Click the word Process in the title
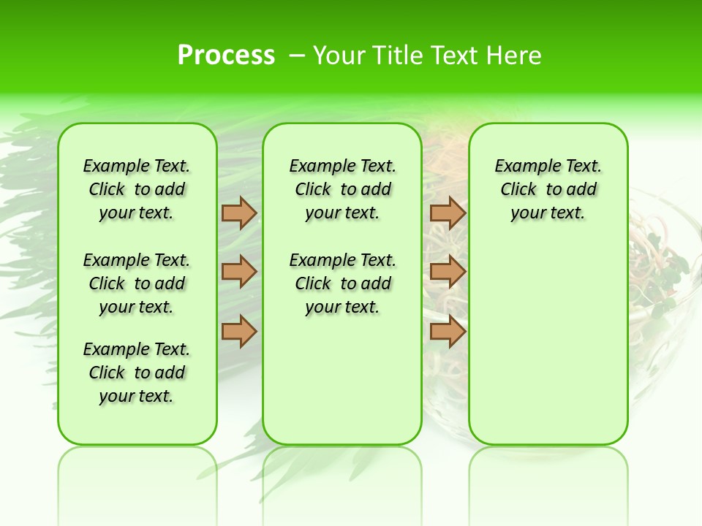tap(226, 56)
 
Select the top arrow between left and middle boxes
tap(239, 213)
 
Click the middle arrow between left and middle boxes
tap(239, 272)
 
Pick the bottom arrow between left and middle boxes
tap(239, 331)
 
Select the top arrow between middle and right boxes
tap(448, 213)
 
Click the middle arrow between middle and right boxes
tap(448, 272)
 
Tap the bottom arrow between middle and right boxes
tap(448, 331)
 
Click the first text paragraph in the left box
tap(137, 189)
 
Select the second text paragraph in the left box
tap(137, 283)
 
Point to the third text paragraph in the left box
tap(137, 373)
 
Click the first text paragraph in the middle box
tap(342, 189)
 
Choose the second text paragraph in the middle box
tap(342, 283)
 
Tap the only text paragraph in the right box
tap(548, 189)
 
